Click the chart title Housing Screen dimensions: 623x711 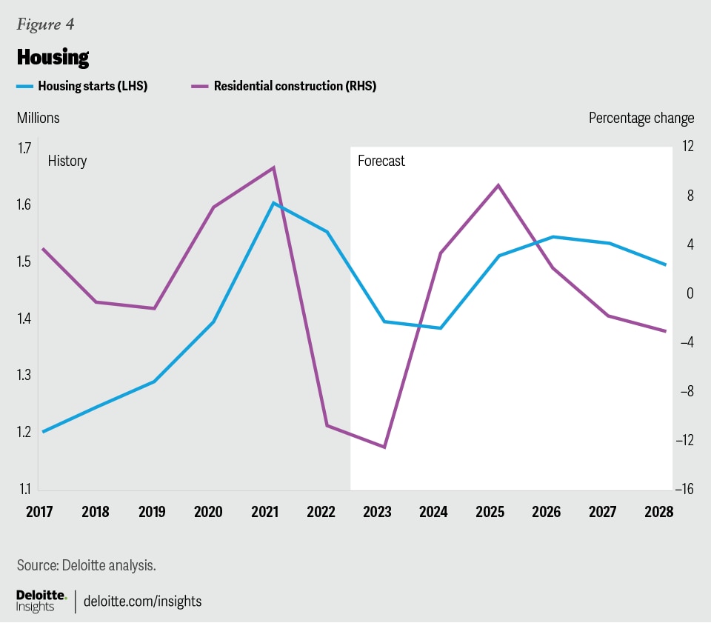click(x=53, y=57)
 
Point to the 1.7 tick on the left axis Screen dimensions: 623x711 click(x=25, y=147)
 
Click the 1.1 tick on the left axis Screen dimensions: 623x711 click(x=25, y=489)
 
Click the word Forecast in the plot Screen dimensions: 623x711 click(x=381, y=161)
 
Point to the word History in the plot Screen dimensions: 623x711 click(x=67, y=161)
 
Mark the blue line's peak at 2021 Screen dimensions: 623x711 click(x=273, y=202)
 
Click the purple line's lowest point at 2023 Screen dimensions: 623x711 click(x=384, y=447)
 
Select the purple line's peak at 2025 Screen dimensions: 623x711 click(x=498, y=184)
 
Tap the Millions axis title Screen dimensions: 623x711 click(x=39, y=118)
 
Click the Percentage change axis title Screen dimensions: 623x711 click(x=641, y=118)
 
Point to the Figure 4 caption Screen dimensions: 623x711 click(x=45, y=24)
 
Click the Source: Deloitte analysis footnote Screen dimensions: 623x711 click(x=86, y=565)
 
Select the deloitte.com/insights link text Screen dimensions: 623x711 click(x=143, y=601)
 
